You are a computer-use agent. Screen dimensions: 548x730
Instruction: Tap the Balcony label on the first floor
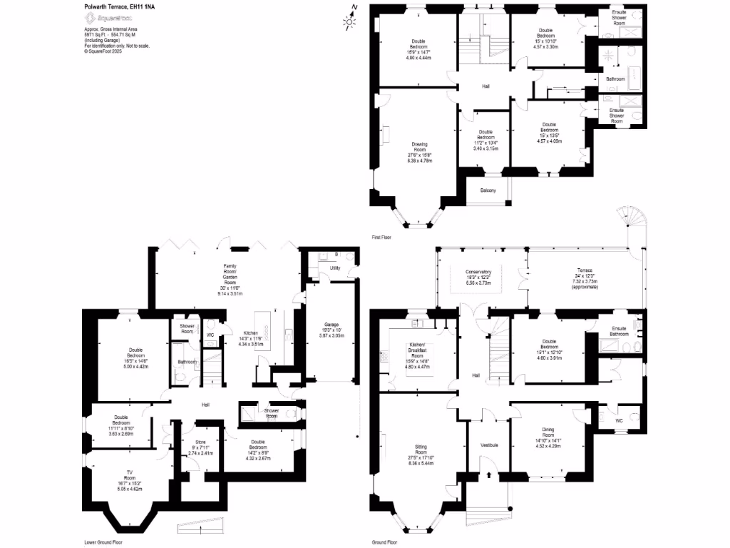pos(488,190)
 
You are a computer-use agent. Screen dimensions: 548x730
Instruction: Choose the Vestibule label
pos(488,445)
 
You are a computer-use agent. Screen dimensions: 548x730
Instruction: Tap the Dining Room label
pos(547,431)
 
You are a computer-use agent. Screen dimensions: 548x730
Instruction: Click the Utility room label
pos(334,268)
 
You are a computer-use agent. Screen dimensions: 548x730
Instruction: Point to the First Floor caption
pos(382,236)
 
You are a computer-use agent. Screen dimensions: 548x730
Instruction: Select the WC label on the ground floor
pos(619,420)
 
